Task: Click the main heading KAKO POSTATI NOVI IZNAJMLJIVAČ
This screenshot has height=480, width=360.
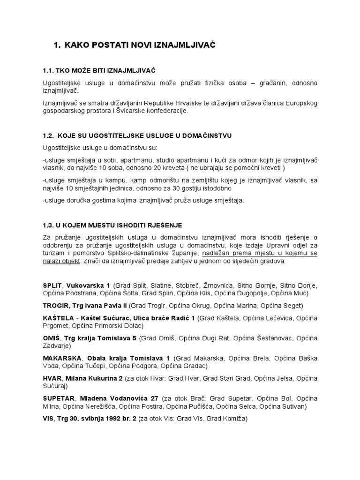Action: pyautogui.click(x=135, y=45)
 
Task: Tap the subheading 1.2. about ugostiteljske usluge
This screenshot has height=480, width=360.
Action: pyautogui.click(x=137, y=135)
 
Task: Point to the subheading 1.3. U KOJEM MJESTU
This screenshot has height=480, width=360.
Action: pyautogui.click(x=112, y=225)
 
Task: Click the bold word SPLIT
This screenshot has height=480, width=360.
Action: pyautogui.click(x=52, y=285)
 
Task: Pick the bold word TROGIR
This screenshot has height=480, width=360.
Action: pyautogui.click(x=56, y=306)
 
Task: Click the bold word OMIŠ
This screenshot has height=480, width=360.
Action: pyautogui.click(x=51, y=338)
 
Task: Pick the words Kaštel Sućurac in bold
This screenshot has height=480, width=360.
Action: pyautogui.click(x=102, y=318)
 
